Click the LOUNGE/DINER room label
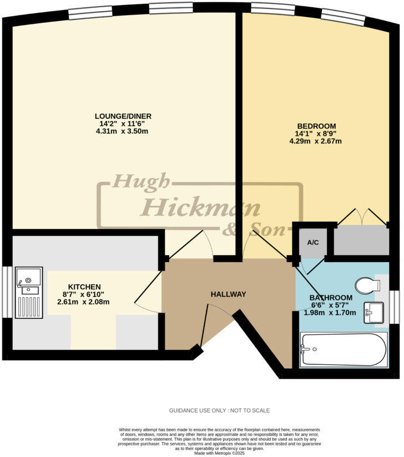pyautogui.click(x=123, y=116)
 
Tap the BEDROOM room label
pyautogui.click(x=315, y=126)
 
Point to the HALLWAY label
pyautogui.click(x=228, y=294)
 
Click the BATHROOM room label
pyautogui.click(x=331, y=297)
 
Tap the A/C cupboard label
pyautogui.click(x=312, y=242)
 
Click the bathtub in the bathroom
pyautogui.click(x=343, y=349)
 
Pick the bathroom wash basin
pyautogui.click(x=373, y=312)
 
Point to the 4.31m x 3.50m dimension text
pyautogui.click(x=123, y=131)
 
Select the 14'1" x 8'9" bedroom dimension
pyautogui.click(x=315, y=133)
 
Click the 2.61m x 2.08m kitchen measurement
pyautogui.click(x=83, y=302)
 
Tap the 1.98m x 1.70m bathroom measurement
pyautogui.click(x=331, y=312)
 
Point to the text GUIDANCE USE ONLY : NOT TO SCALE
pyautogui.click(x=220, y=410)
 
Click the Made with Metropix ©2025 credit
pyautogui.click(x=220, y=453)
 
